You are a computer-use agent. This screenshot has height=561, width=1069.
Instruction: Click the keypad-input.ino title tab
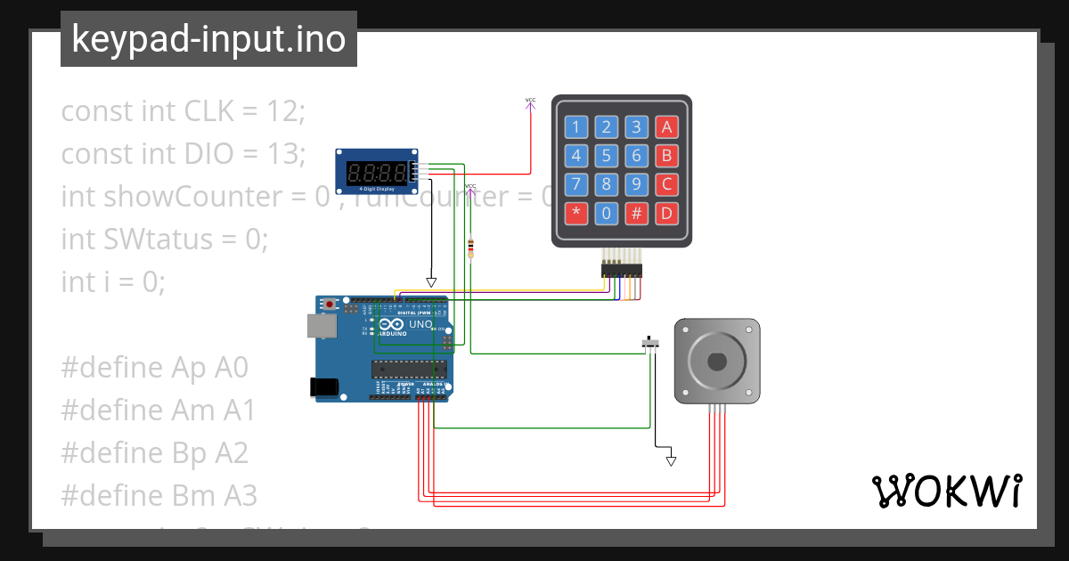tap(208, 39)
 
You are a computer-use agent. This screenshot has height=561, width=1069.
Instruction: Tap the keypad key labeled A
tap(665, 126)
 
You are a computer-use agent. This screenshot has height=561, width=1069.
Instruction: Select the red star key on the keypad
tap(576, 213)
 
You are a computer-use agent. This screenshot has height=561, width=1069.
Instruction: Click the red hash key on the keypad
tap(636, 213)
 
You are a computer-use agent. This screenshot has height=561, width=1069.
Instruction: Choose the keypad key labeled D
tap(665, 213)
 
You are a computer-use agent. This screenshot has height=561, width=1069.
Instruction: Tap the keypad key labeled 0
tap(607, 213)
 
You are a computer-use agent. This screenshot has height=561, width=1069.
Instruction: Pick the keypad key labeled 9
tap(636, 184)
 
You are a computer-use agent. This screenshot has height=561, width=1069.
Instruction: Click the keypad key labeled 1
tap(576, 126)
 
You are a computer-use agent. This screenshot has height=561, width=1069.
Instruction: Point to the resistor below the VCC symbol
tap(470, 247)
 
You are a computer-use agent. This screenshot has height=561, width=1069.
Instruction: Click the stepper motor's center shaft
tap(717, 362)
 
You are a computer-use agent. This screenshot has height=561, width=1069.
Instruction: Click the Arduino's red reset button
tap(330, 305)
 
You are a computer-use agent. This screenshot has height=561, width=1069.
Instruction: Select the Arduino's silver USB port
tap(321, 326)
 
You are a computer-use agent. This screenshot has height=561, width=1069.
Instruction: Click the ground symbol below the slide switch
tap(671, 460)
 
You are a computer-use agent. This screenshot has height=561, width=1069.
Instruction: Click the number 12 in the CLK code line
tap(285, 111)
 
